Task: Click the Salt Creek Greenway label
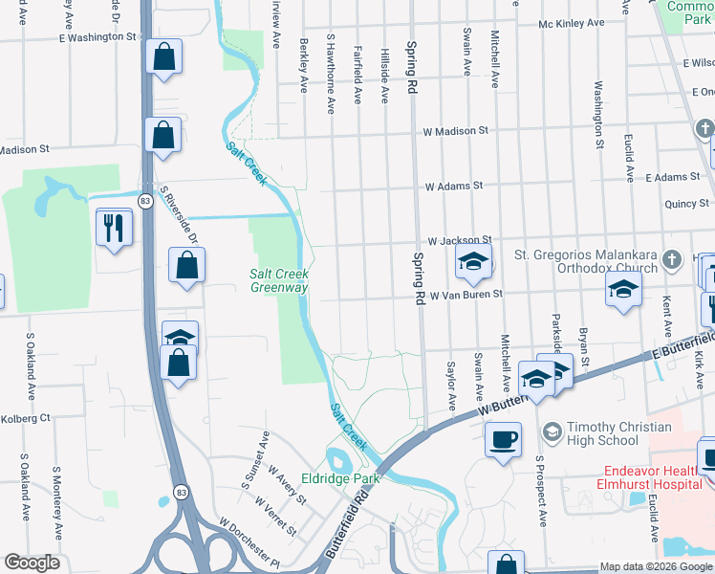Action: [x=279, y=280]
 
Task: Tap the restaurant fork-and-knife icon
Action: [x=114, y=227]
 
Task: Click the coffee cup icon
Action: [x=503, y=440]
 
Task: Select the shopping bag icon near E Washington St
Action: [x=163, y=55]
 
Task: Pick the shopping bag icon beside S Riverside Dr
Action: [x=186, y=265]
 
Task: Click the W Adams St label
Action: [x=454, y=186]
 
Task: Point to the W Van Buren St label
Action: [x=466, y=295]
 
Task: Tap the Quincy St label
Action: [x=687, y=203]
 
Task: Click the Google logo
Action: [x=32, y=563]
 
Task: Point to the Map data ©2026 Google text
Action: [x=648, y=566]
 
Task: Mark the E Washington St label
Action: [x=97, y=36]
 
